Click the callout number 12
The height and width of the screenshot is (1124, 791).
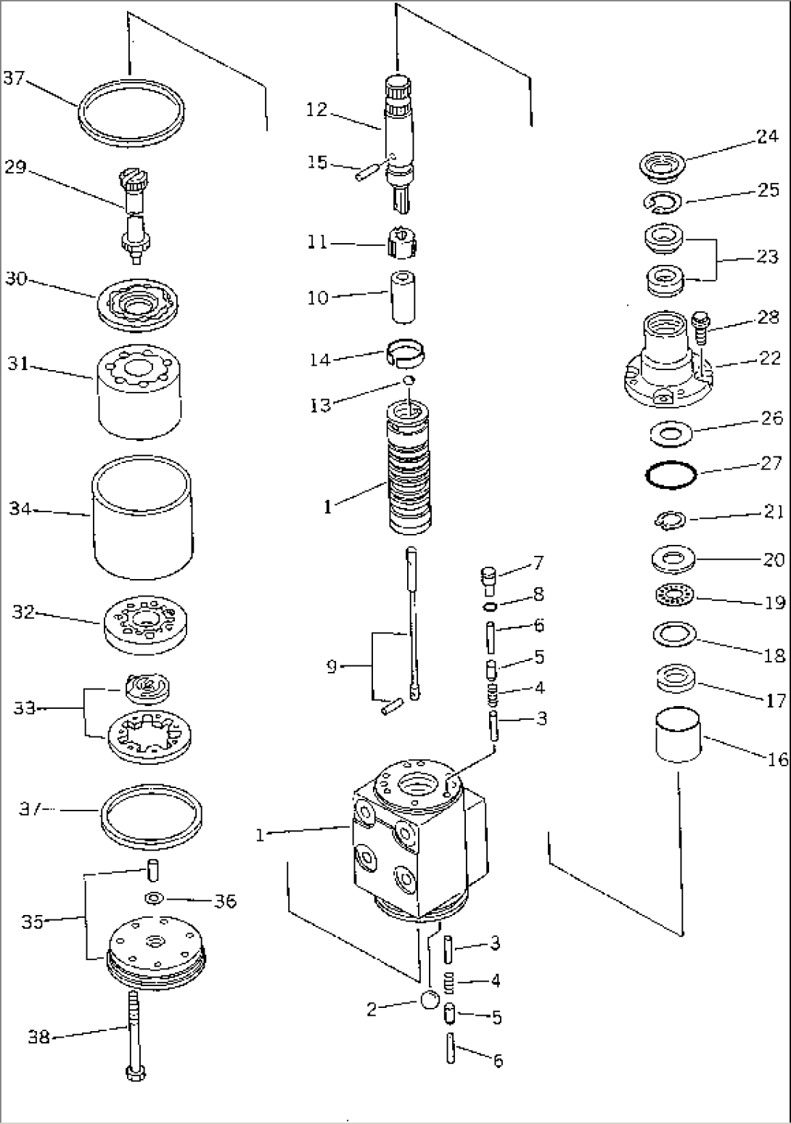(x=316, y=110)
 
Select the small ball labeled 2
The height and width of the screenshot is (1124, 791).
(x=430, y=1001)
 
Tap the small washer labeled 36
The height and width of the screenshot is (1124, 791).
(x=153, y=899)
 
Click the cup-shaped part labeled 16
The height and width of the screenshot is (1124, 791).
(x=679, y=735)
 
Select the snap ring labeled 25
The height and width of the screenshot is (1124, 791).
(x=660, y=202)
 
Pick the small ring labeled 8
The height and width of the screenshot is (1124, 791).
(x=491, y=606)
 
